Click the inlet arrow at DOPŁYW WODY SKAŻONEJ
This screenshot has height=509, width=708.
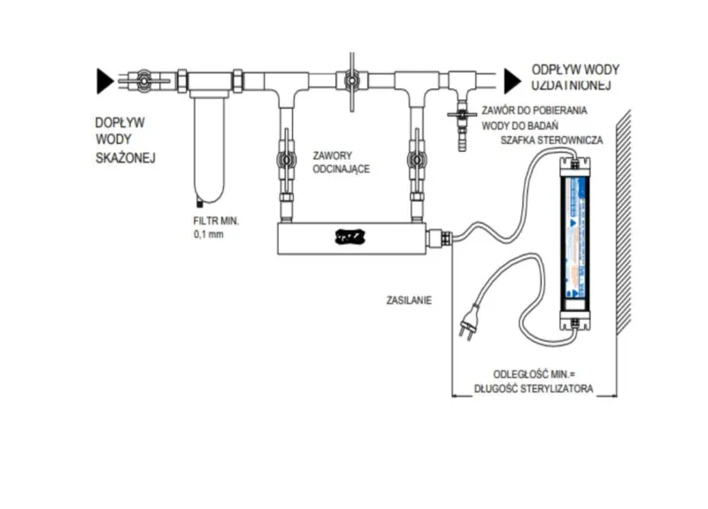pos(105,81)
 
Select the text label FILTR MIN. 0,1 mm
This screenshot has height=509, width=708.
pos(217,228)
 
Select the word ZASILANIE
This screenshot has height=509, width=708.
pos(408,300)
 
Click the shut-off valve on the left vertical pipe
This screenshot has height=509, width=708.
pos(284,162)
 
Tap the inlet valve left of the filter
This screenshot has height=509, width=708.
pos(141,80)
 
